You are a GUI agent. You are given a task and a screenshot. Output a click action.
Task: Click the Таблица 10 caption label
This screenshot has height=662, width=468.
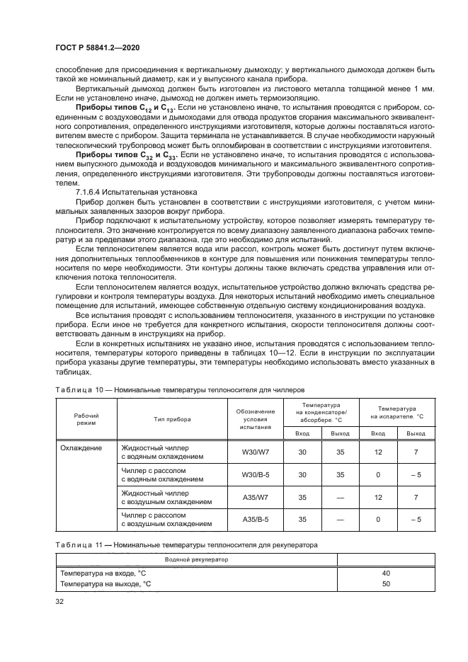coord(73,389)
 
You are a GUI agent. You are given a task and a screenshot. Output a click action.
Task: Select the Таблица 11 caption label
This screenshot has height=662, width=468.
coord(73,544)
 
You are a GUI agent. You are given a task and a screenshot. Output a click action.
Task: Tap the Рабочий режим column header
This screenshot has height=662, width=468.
coord(86,418)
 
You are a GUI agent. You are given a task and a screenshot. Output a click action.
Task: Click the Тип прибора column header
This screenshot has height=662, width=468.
coord(172,418)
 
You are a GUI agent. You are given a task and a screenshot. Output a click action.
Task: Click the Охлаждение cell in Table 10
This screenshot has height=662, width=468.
coord(81,448)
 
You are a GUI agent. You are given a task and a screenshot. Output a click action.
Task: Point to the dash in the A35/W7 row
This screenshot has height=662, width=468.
coord(341,497)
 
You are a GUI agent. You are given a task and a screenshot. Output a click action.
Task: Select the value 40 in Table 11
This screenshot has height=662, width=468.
coord(386,573)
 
